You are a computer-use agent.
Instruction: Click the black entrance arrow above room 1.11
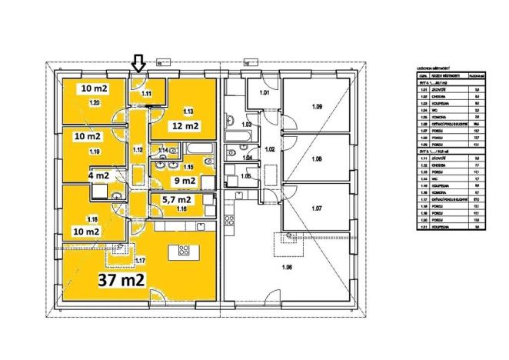click(138, 62)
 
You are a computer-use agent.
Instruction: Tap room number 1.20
click(95, 102)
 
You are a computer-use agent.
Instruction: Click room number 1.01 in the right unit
click(264, 93)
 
